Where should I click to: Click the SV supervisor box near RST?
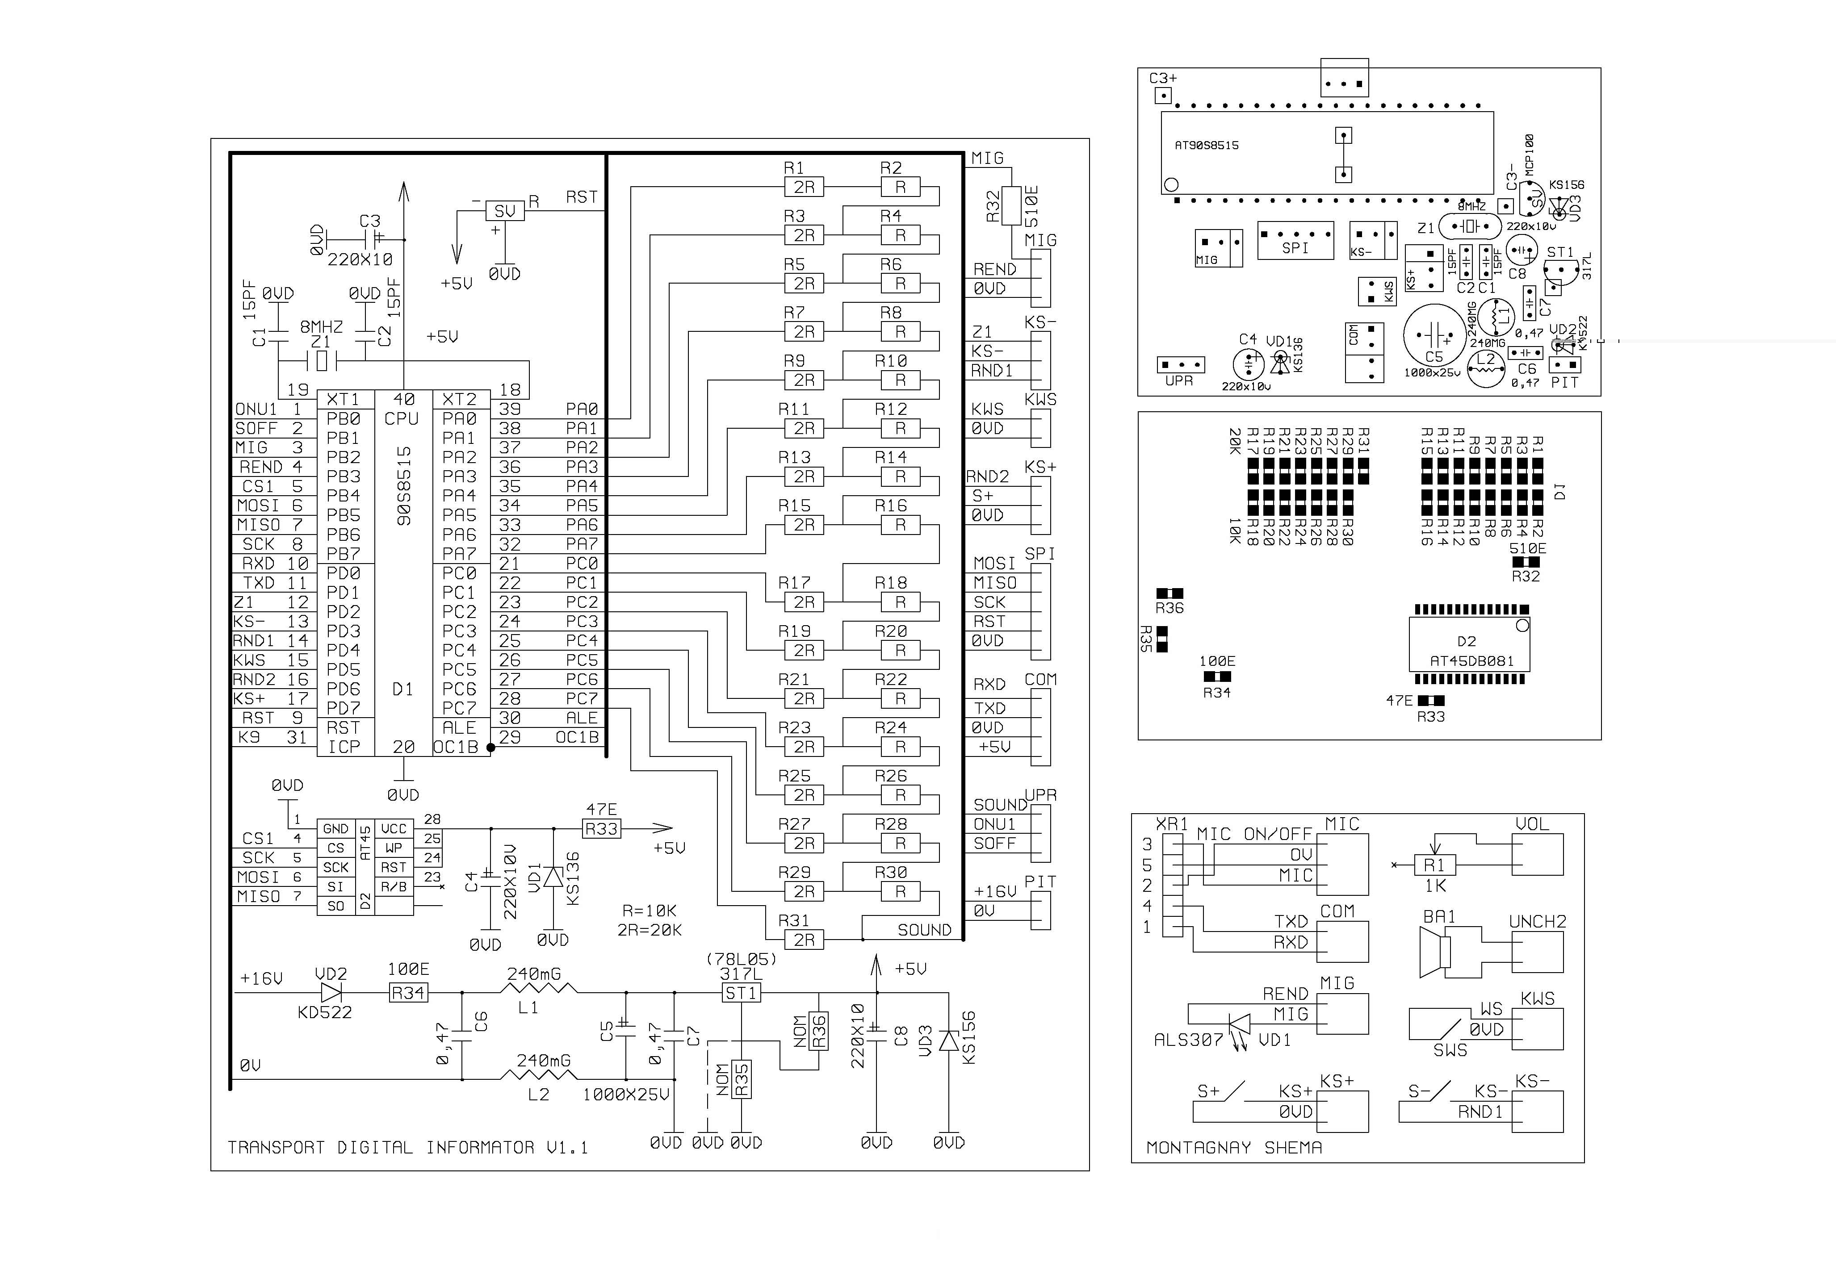click(x=505, y=210)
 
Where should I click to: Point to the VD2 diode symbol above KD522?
click(x=331, y=992)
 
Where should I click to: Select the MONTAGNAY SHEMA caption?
click(x=1234, y=1147)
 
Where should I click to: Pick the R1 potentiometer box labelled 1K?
click(x=1434, y=865)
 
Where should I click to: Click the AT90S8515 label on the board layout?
click(x=1206, y=145)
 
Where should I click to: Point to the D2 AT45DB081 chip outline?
click(x=1469, y=644)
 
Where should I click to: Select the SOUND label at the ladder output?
click(x=924, y=930)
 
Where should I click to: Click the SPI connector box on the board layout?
click(x=1295, y=240)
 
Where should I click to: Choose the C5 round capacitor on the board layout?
click(x=1434, y=335)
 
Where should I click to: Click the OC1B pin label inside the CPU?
click(x=456, y=747)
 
